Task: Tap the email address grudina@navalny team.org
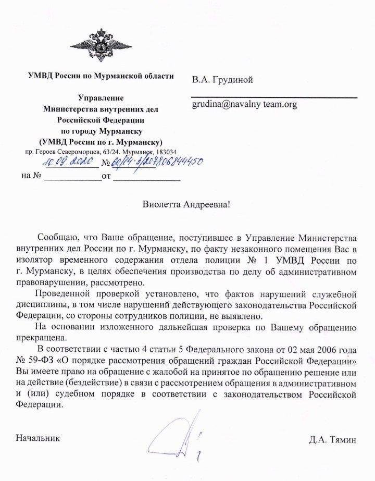coord(244,104)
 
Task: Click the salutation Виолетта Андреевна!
coord(186,204)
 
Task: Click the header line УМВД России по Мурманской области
coord(101,76)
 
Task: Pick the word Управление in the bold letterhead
coord(101,98)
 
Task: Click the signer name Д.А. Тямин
coord(333,440)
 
